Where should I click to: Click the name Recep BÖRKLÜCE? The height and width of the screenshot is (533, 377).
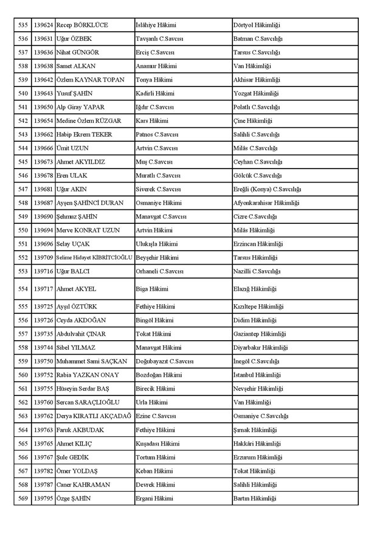(82, 26)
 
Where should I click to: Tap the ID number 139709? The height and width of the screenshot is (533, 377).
(43, 257)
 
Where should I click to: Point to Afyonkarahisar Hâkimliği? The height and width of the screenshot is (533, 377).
(266, 203)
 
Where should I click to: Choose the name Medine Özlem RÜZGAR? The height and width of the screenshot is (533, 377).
(88, 121)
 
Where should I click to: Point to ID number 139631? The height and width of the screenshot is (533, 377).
(43, 39)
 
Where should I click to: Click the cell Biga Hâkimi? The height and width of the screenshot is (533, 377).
(152, 289)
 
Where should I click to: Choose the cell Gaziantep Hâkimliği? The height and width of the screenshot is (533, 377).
(260, 334)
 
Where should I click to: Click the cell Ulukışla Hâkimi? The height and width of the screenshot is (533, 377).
(157, 244)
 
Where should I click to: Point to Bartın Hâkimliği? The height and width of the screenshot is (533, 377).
(255, 499)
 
